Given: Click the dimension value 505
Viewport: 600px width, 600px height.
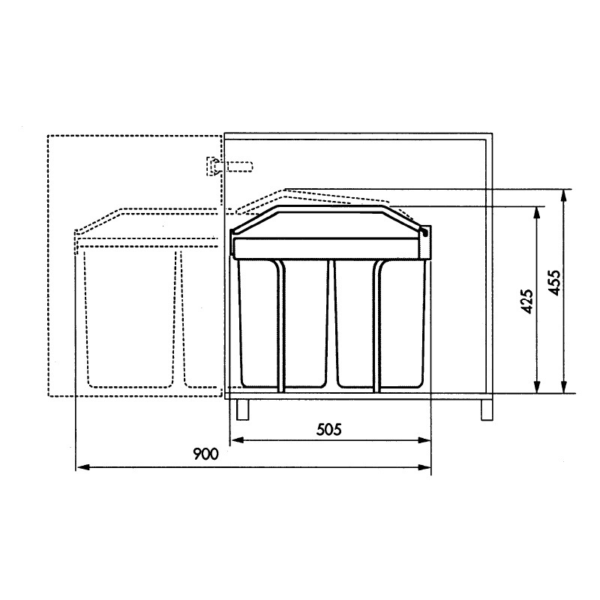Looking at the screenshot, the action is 328,430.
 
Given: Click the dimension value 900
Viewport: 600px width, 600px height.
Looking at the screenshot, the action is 205,454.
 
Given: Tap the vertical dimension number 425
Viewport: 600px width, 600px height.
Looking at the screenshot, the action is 527,301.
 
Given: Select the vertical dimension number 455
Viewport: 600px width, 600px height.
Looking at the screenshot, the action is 554,283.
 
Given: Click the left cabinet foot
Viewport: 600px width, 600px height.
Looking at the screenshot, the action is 243,409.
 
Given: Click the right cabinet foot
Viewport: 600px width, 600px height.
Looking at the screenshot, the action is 487,410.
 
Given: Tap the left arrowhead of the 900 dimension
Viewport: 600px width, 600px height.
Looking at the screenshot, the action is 83,467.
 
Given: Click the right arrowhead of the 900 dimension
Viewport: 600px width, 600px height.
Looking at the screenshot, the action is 424,467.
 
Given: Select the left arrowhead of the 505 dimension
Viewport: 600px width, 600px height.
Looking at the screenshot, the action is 238,440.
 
